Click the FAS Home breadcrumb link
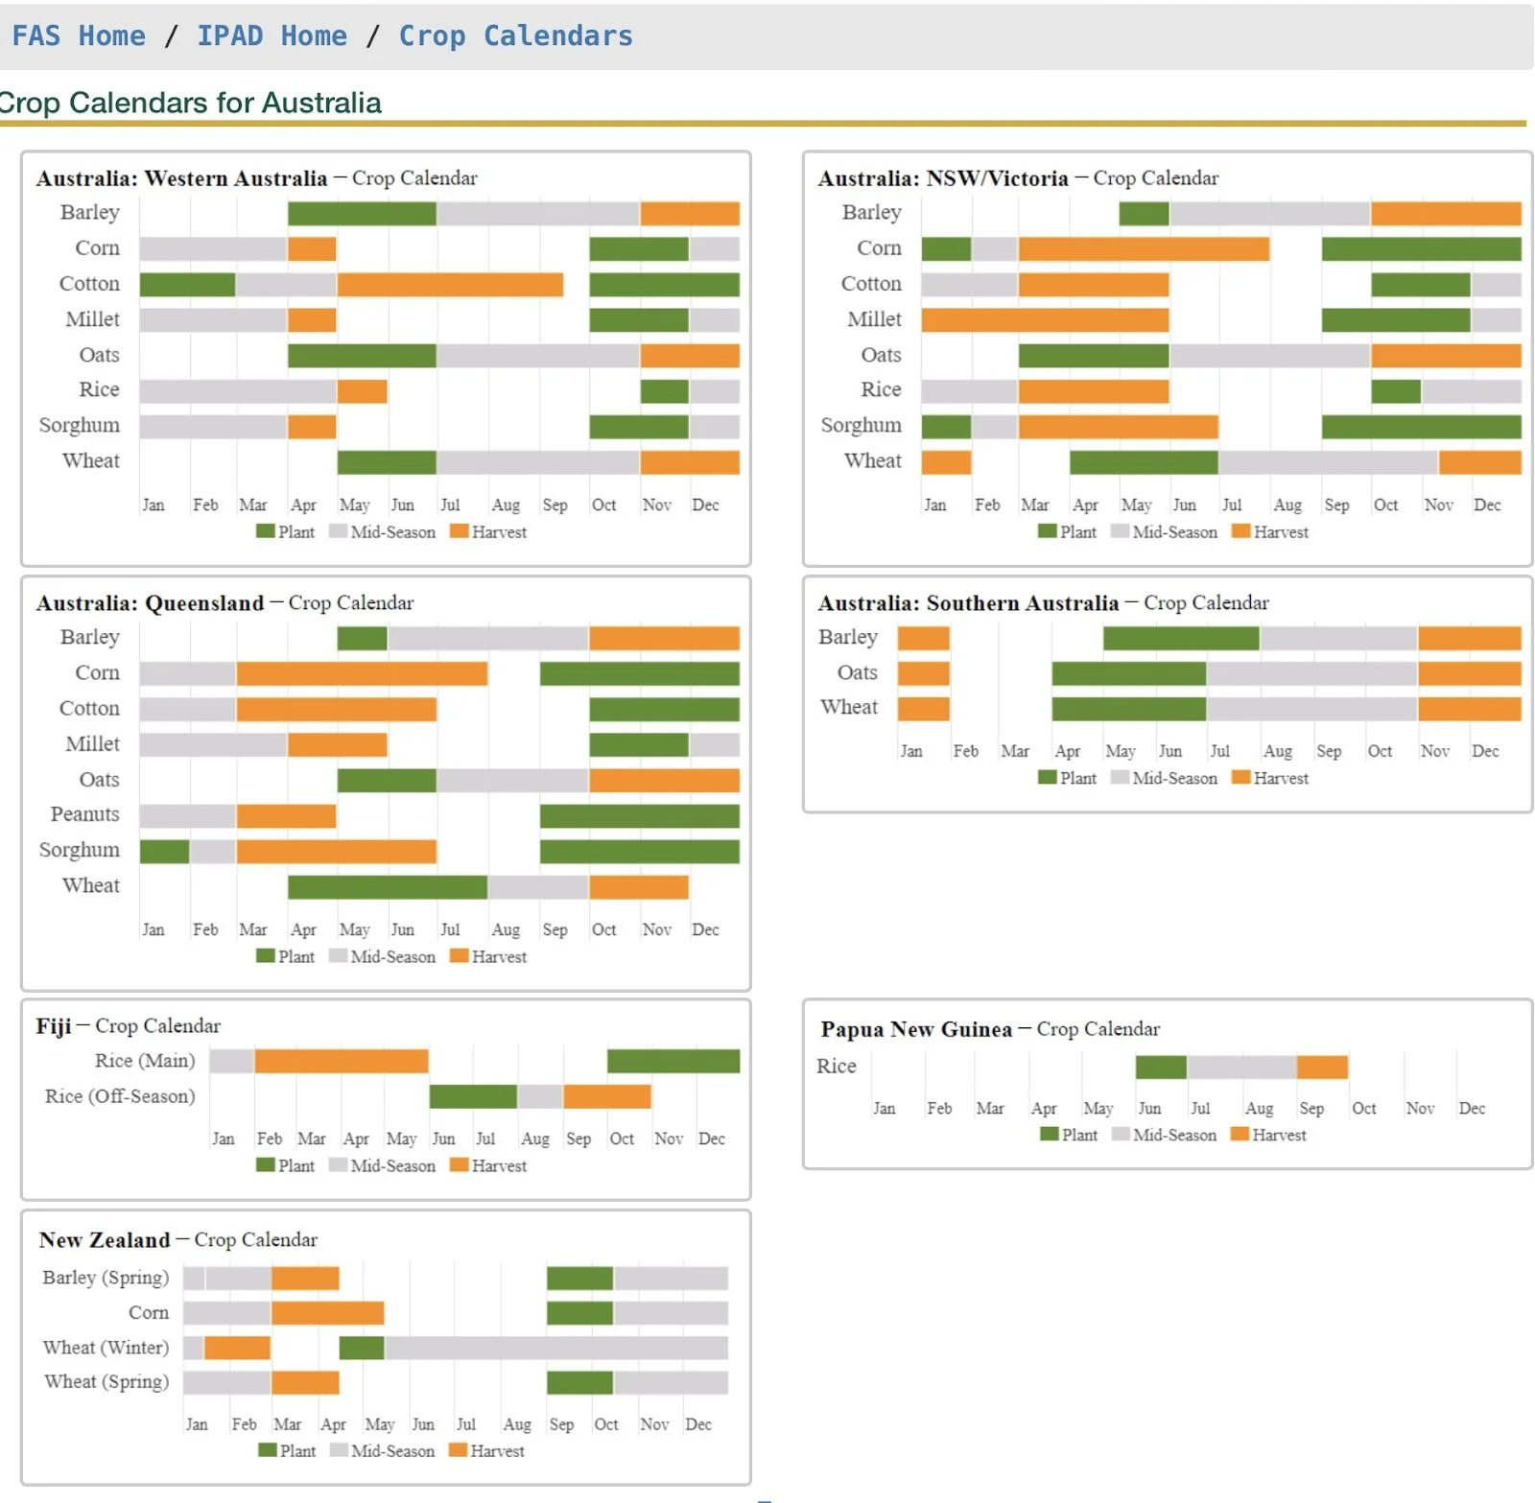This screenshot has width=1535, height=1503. pos(79,36)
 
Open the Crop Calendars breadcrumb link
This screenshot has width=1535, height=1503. pos(515,36)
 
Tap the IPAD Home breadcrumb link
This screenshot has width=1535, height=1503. pos(272,36)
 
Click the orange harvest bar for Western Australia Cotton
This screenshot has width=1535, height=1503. pos(449,285)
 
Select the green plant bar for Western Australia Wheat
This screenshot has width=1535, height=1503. pos(387,462)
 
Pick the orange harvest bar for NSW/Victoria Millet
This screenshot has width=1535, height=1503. pos(1044,319)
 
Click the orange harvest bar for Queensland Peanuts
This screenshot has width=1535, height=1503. pos(286,815)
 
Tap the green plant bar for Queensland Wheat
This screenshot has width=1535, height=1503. pos(387,887)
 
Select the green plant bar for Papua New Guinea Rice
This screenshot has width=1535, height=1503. pos(1160,1067)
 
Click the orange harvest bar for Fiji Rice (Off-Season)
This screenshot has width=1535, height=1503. pos(606,1096)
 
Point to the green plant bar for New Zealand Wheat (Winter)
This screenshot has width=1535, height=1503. pos(362,1348)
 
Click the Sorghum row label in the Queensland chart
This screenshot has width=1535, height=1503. pos(80,851)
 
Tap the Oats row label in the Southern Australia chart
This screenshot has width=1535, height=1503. pos(857,673)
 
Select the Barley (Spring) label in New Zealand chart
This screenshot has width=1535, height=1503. pos(106,1278)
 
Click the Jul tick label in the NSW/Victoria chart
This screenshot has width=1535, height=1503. pos(1232,505)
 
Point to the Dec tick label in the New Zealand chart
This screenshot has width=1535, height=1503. pos(698,1424)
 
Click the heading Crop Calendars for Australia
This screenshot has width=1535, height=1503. pos(190,103)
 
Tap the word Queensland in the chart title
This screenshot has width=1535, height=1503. pos(204,603)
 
